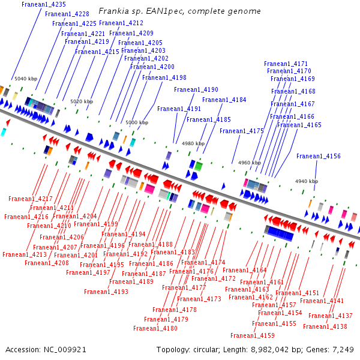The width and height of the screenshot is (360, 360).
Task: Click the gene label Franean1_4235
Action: coord(44,4)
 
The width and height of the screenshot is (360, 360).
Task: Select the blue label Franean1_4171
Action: coord(286,64)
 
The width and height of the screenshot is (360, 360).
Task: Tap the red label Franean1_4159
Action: coord(253,335)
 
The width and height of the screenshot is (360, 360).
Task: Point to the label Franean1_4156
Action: coord(319,156)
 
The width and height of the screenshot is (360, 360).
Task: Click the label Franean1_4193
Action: coord(106,292)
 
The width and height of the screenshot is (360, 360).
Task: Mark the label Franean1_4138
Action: coord(325,326)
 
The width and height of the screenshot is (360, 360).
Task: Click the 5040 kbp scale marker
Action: coord(26,79)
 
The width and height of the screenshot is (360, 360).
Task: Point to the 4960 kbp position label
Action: coord(249,163)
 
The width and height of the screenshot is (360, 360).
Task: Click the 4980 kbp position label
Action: coord(193,143)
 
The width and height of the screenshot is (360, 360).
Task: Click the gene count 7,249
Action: coord(344,349)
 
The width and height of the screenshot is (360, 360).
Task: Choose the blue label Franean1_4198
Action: coord(164,77)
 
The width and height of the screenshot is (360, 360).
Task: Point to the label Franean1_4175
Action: coord(242,131)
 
